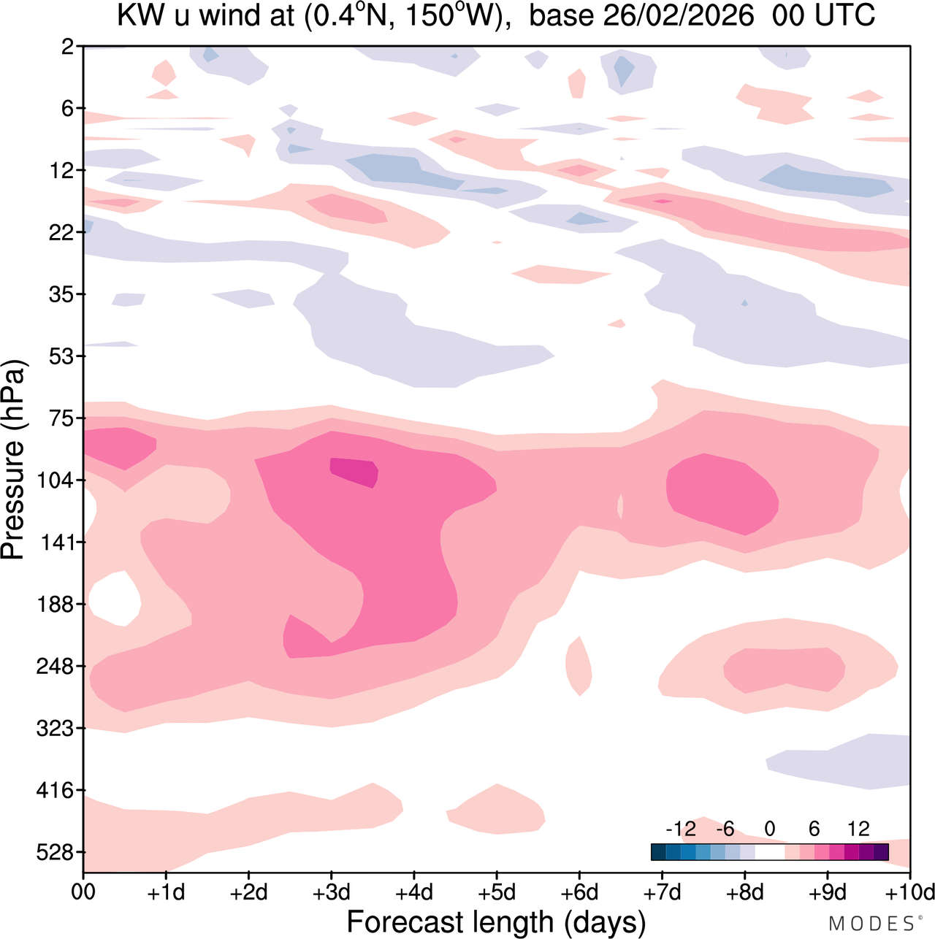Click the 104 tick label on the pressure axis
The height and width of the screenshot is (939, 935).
57,480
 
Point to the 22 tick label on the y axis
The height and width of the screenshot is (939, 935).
63,233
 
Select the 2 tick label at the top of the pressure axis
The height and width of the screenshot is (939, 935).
68,47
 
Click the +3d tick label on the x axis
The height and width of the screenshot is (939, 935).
331,893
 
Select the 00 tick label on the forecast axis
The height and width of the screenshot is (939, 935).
83,893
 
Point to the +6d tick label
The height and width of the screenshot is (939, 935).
579,893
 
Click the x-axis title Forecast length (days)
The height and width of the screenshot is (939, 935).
496,922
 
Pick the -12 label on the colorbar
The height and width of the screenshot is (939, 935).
681,829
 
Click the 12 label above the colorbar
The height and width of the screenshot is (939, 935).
858,829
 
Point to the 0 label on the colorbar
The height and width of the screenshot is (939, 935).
769,829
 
